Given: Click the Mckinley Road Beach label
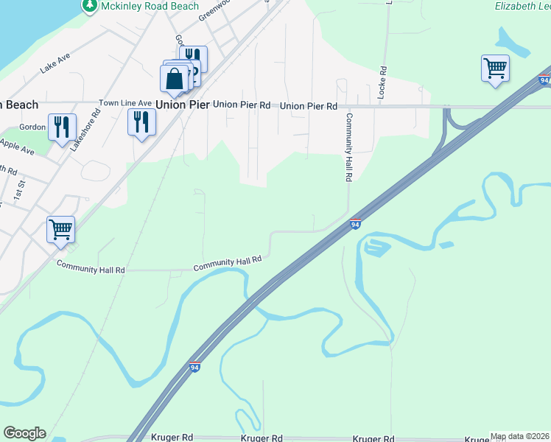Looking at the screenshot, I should click(x=150, y=6).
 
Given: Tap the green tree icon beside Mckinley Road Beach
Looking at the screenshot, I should click(x=90, y=6).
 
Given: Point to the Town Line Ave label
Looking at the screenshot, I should click(x=125, y=103).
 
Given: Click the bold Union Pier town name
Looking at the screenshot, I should click(x=182, y=105).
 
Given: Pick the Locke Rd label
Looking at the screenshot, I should click(x=382, y=83).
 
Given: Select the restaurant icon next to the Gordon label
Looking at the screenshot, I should click(x=61, y=127).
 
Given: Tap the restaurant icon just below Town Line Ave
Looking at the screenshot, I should click(x=141, y=122).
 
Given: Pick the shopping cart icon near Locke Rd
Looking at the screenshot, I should click(x=495, y=69).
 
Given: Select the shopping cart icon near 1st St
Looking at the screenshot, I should click(x=60, y=229).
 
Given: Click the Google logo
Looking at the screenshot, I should click(x=24, y=433).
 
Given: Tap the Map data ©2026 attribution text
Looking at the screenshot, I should click(x=519, y=436).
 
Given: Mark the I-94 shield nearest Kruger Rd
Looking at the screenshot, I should click(x=195, y=366).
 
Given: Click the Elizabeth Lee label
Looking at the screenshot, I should click(x=522, y=6).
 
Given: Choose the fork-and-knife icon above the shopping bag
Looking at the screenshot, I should click(x=193, y=57).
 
